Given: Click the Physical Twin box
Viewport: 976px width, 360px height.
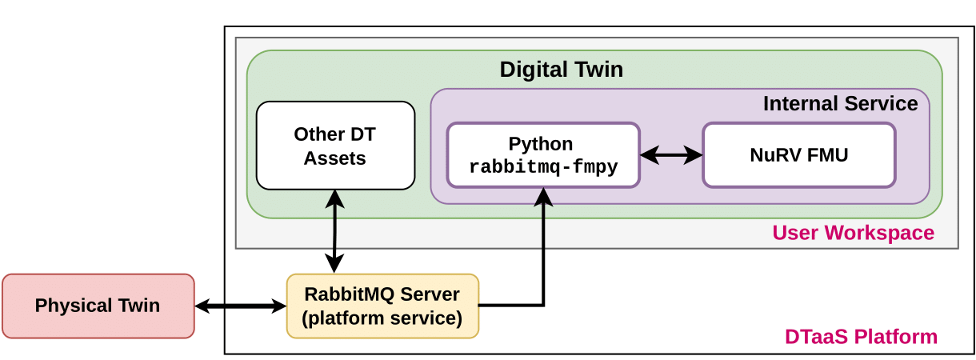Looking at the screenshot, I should [98, 306].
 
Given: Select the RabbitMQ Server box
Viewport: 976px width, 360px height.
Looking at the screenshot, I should [382, 306].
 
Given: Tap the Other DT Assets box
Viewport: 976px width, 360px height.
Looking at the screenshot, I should [335, 146].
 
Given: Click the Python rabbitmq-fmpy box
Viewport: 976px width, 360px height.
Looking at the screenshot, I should [542, 154].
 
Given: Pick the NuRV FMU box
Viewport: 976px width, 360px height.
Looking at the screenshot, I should [798, 154].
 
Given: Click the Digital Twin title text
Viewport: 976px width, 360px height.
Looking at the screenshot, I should [561, 70].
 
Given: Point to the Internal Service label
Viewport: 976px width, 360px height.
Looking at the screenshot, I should [840, 103].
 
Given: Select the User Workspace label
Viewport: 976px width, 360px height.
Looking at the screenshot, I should [853, 233].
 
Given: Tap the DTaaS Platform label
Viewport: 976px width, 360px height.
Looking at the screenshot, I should [861, 337].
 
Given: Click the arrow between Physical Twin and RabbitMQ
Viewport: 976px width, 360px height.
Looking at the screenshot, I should [240, 306].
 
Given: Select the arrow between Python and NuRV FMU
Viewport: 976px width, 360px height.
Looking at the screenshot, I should [670, 155].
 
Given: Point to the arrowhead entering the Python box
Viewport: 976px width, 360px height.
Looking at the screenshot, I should [544, 196].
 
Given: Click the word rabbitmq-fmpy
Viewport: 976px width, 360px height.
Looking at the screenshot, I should [542, 167].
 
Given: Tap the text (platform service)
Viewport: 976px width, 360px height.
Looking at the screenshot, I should [382, 318].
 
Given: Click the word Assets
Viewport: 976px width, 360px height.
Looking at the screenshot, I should [334, 158].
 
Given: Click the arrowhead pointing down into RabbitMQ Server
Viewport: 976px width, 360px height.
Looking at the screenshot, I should [334, 264].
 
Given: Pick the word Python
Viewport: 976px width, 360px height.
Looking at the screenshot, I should [541, 144].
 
